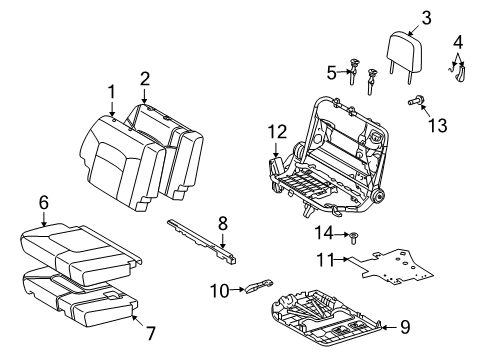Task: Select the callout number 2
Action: tap(145, 78)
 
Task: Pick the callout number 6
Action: tap(44, 203)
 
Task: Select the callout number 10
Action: tap(218, 290)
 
